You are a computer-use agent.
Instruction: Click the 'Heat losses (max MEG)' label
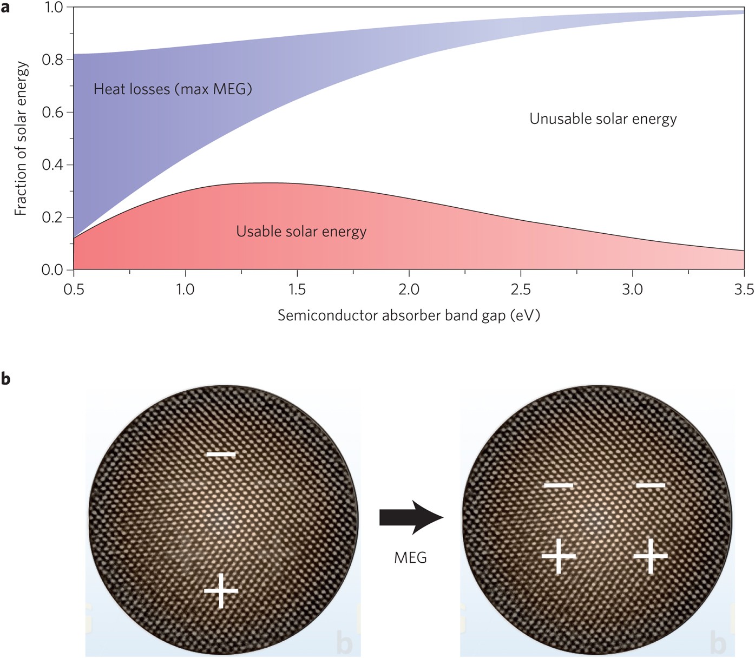[x=173, y=89]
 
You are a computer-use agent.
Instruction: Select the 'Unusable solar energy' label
[x=603, y=119]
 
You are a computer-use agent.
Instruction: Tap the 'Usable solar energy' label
[x=301, y=231]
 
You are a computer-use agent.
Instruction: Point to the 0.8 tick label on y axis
[x=53, y=60]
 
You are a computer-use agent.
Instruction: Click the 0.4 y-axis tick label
[x=53, y=165]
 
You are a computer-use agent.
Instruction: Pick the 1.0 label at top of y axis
[x=54, y=7]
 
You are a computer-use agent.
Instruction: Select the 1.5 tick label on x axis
[x=297, y=289]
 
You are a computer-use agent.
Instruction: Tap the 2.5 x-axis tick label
[x=521, y=289]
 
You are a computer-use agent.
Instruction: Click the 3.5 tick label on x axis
[x=744, y=289]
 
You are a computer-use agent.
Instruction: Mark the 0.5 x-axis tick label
[x=74, y=289]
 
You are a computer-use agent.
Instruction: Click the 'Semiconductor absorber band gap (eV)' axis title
[x=409, y=315]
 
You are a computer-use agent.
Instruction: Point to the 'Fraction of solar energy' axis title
[x=21, y=139]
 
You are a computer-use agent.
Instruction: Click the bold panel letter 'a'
[x=5, y=8]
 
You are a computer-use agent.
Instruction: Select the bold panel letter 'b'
[x=5, y=378]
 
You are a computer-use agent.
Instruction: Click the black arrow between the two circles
[x=411, y=517]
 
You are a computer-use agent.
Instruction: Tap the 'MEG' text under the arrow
[x=410, y=558]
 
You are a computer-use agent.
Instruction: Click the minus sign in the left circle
[x=221, y=455]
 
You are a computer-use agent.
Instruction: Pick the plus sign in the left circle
[x=221, y=591]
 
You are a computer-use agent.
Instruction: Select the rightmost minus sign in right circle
[x=651, y=485]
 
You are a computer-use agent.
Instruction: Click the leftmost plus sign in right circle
[x=559, y=556]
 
